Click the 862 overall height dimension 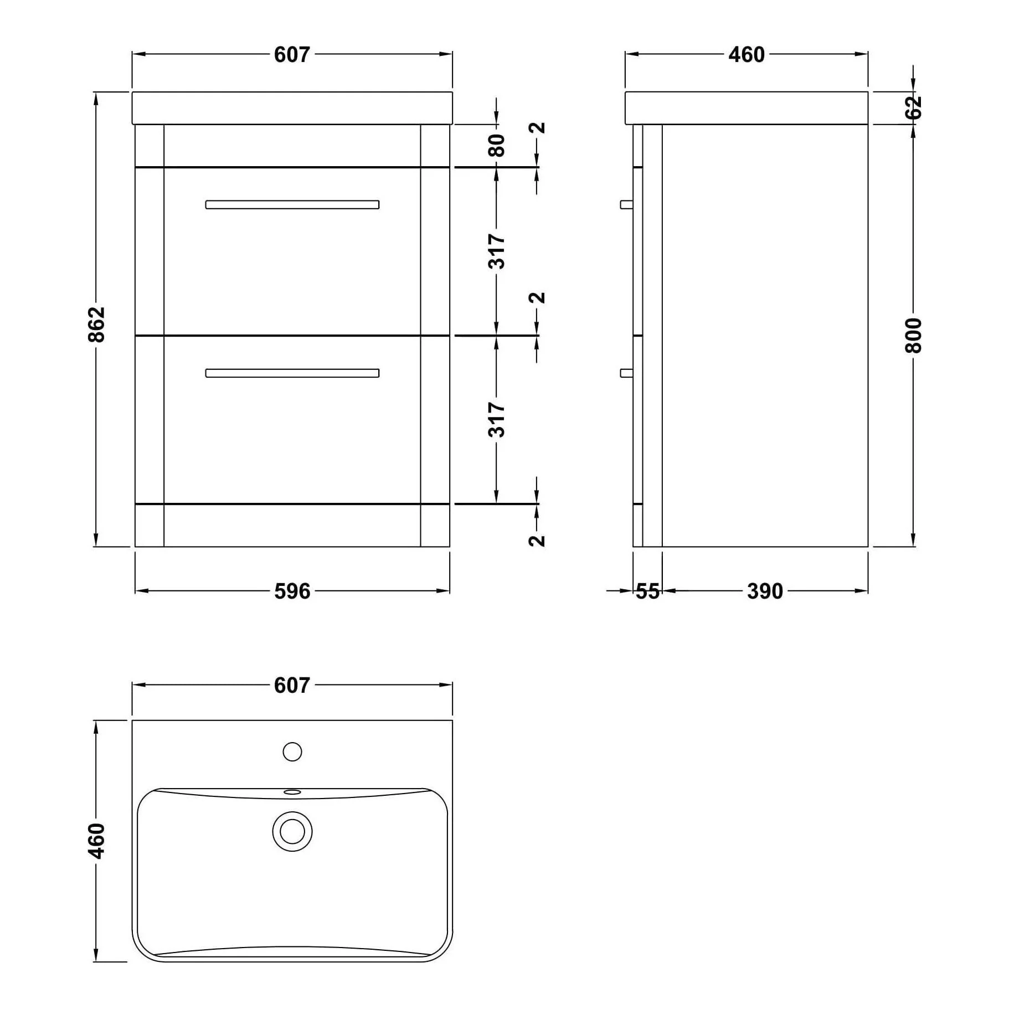coord(97,324)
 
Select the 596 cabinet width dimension coord(292,591)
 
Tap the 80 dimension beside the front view coord(497,145)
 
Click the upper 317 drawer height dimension coord(497,251)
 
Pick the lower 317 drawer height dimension coord(497,420)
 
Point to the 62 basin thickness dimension coord(913,107)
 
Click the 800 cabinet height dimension coord(913,336)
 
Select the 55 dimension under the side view coord(647,591)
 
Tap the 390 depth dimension coord(765,591)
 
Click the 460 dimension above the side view coord(747,54)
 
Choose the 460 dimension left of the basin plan coord(97,841)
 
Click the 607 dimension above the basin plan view coord(292,685)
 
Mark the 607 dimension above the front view coord(292,54)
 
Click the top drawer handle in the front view coord(292,204)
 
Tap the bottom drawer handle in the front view coord(292,373)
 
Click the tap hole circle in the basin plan coord(292,751)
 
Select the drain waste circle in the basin coord(292,831)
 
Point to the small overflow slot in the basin coord(292,792)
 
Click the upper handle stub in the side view coord(627,204)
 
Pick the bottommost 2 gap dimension coord(537,540)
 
